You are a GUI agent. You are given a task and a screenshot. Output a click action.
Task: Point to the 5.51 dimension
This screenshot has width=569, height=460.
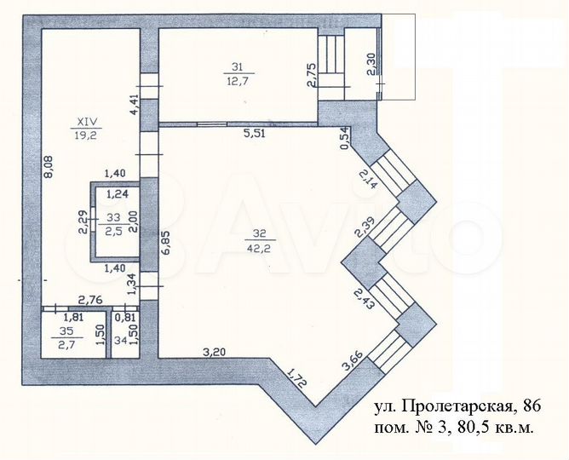(256, 133)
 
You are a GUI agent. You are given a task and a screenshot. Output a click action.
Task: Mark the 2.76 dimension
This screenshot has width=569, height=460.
(90, 299)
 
